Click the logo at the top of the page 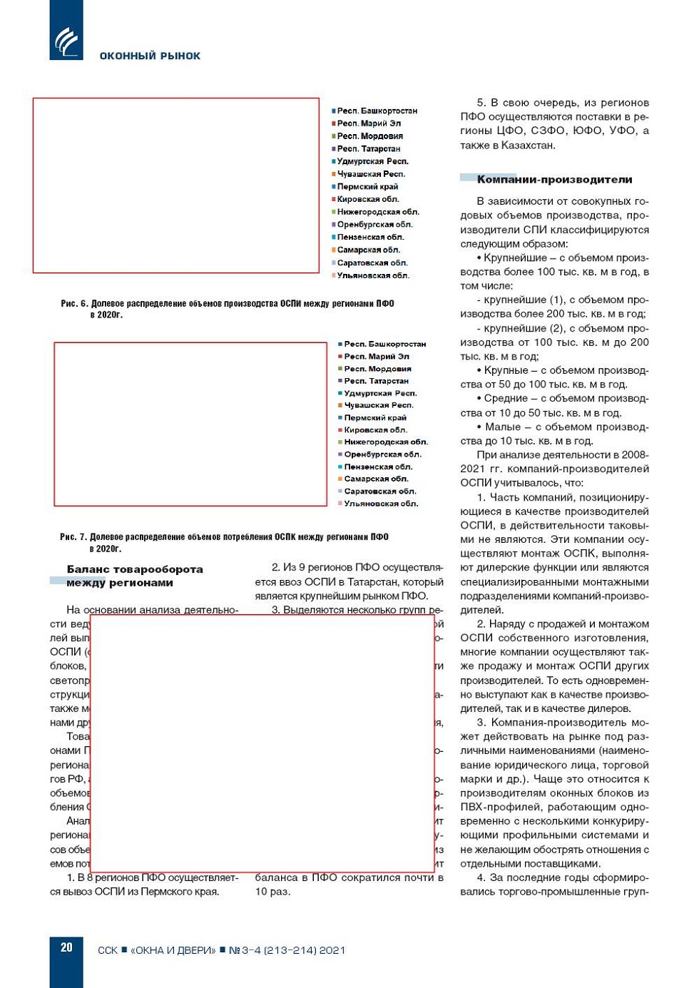(x=66, y=40)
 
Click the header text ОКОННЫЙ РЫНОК (x=150, y=56)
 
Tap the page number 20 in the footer (x=66, y=947)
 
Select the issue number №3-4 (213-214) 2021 (x=287, y=950)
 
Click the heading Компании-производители (x=554, y=180)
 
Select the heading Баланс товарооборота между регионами (x=134, y=576)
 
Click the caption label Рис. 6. (x=74, y=304)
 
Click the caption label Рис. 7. (x=73, y=537)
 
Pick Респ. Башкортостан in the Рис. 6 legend (x=377, y=111)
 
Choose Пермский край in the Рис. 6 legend (x=367, y=187)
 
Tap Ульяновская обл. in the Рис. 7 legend (x=381, y=504)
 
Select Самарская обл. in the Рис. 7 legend (x=376, y=479)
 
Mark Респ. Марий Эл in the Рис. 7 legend (x=377, y=356)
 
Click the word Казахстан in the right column (x=528, y=146)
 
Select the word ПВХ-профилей (x=492, y=808)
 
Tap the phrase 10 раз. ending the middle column (x=272, y=892)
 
